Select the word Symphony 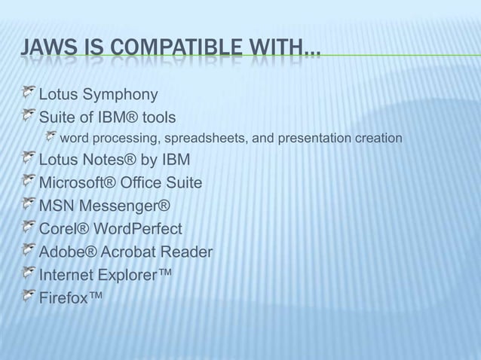point(121,95)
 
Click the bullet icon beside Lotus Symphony point(28,93)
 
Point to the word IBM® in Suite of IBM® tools point(111,117)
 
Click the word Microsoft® point(75,183)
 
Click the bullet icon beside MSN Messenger point(28,204)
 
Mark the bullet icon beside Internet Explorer point(28,272)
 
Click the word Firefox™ point(70,296)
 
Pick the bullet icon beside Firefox point(28,294)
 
